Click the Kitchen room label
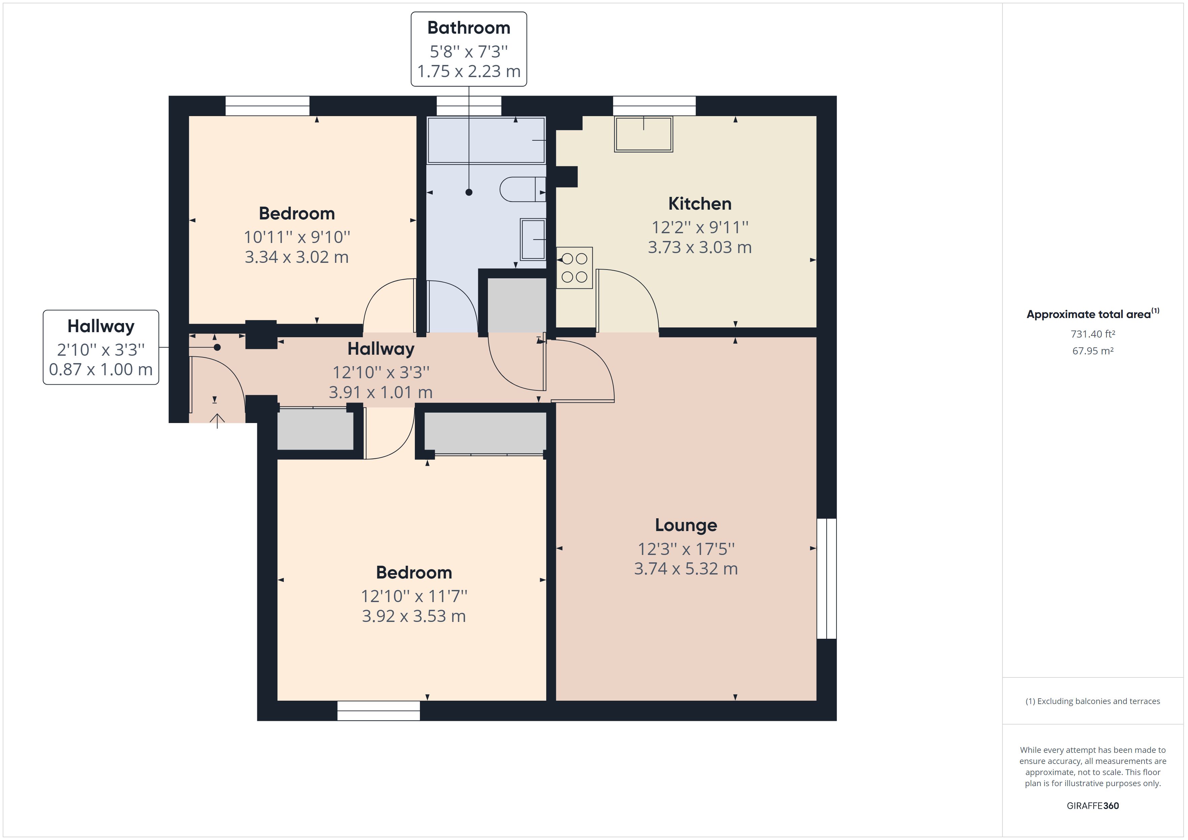[x=699, y=204]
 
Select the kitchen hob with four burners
[x=574, y=268]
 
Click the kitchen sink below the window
[x=643, y=134]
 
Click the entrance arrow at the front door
[x=217, y=421]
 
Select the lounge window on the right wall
[x=826, y=578]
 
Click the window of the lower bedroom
[x=378, y=711]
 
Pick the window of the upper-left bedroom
[x=267, y=106]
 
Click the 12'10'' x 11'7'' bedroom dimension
[x=414, y=596]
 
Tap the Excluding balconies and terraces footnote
[x=1092, y=701]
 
